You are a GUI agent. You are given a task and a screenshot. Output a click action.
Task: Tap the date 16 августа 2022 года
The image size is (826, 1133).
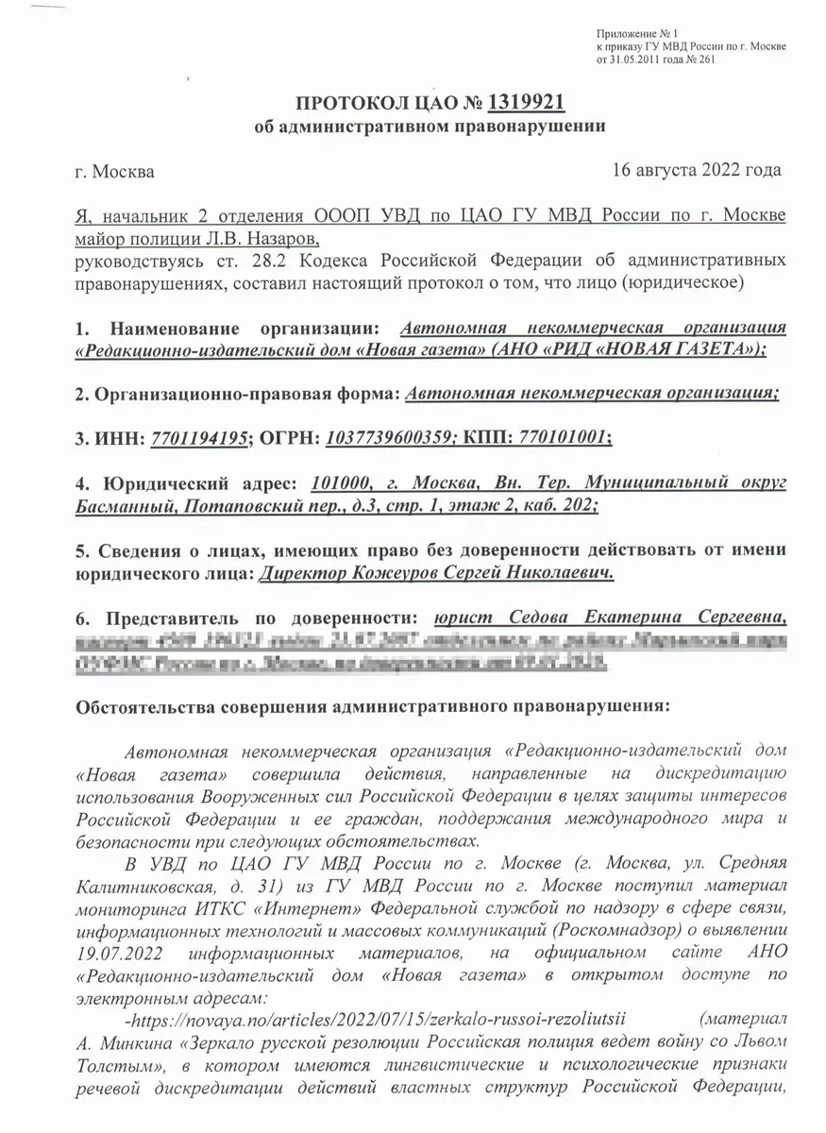click(x=697, y=170)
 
